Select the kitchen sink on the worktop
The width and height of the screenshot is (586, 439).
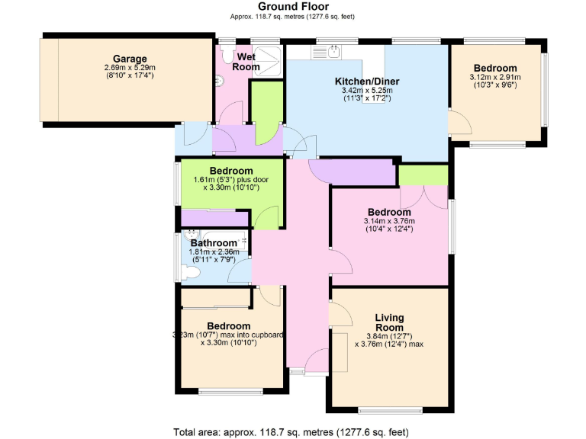pos(334,52)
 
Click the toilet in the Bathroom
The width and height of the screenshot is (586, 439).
pos(190,271)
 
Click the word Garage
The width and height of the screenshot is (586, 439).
pos(130,59)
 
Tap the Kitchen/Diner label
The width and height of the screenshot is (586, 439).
pos(367,81)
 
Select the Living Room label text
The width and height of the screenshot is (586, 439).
pos(389,323)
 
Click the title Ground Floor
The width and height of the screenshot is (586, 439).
pos(293,7)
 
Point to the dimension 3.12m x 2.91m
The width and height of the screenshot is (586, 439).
pos(495,77)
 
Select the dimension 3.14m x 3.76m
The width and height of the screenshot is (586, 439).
pos(388,222)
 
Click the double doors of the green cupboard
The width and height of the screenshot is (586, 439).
pos(423,196)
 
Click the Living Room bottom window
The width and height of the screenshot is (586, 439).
pos(389,409)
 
